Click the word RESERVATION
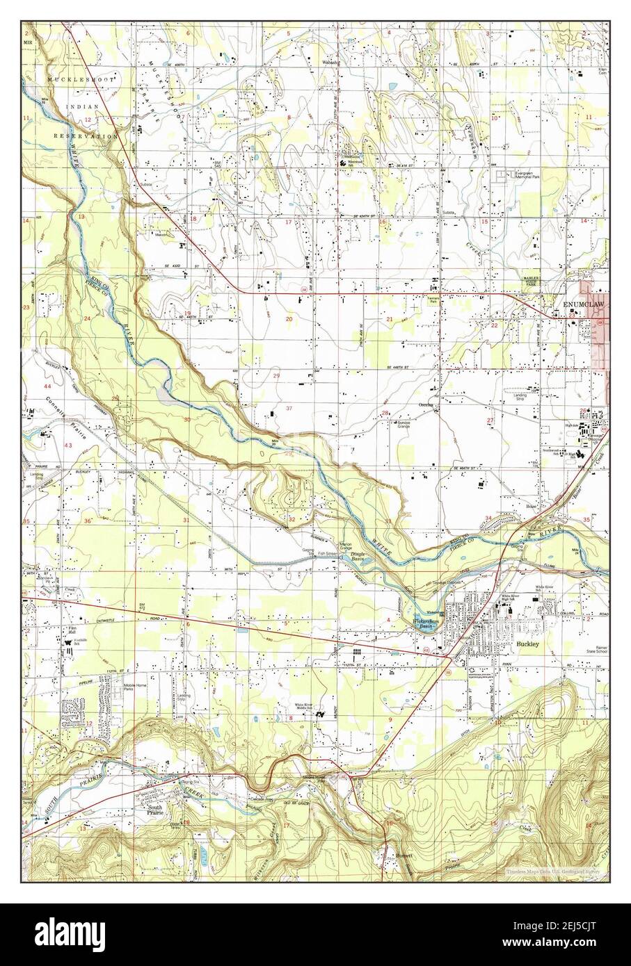tap(89, 137)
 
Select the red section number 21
tap(390, 319)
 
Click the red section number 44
tap(47, 386)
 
